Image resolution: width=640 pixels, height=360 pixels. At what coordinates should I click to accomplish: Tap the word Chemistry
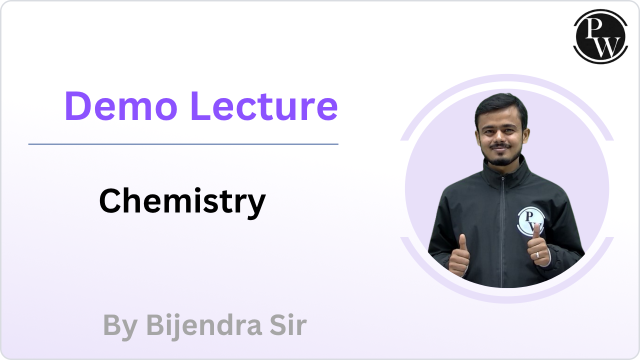click(x=182, y=201)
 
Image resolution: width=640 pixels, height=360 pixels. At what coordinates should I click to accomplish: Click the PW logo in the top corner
click(x=600, y=35)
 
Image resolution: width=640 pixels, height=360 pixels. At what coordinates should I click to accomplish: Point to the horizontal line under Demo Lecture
click(x=183, y=144)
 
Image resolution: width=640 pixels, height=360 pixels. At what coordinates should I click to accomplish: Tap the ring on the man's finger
click(x=537, y=254)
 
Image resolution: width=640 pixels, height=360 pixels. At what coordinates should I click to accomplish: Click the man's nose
click(x=501, y=137)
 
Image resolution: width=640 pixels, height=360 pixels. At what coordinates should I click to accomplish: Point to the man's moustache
click(x=501, y=146)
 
